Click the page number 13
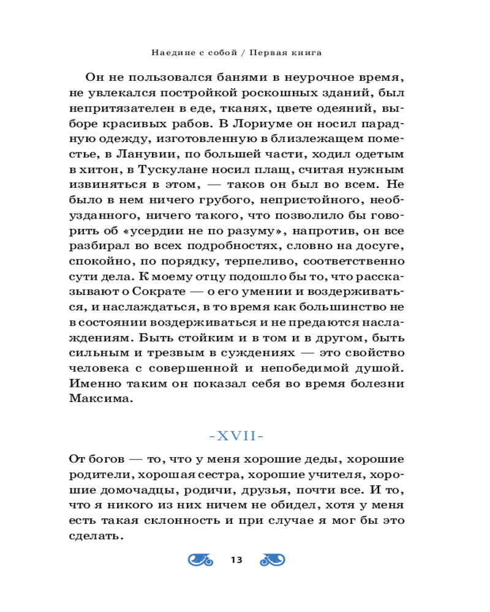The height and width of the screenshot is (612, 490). (236, 560)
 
